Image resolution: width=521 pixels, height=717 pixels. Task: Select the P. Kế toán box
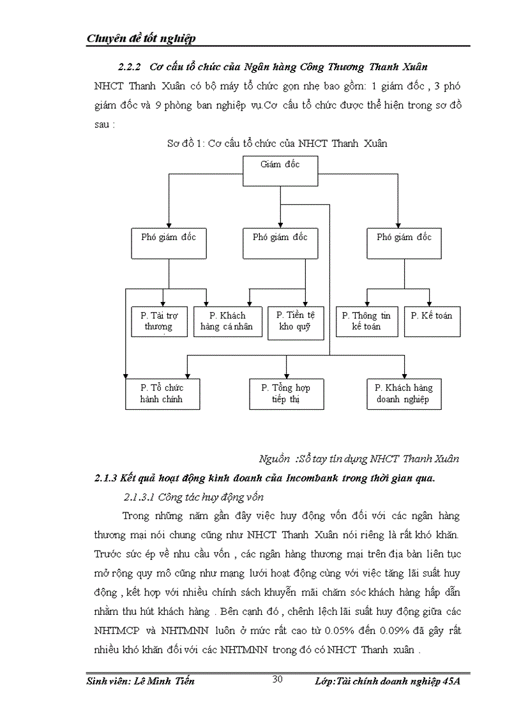[432, 321]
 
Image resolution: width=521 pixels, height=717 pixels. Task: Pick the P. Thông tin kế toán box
[366, 321]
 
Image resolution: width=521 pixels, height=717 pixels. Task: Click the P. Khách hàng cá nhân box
[227, 321]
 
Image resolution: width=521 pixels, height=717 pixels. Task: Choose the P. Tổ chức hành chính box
[162, 393]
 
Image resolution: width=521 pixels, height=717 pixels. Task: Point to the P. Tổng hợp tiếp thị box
[286, 393]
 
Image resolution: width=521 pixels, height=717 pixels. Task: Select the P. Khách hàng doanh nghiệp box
[404, 393]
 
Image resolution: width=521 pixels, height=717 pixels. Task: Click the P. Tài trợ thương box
[158, 321]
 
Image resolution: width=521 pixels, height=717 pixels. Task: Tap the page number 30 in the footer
[278, 679]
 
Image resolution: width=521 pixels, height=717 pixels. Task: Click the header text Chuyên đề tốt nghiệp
[140, 38]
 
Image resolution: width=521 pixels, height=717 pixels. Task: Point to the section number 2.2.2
[130, 67]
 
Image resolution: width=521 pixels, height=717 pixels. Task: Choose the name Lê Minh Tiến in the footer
[165, 681]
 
